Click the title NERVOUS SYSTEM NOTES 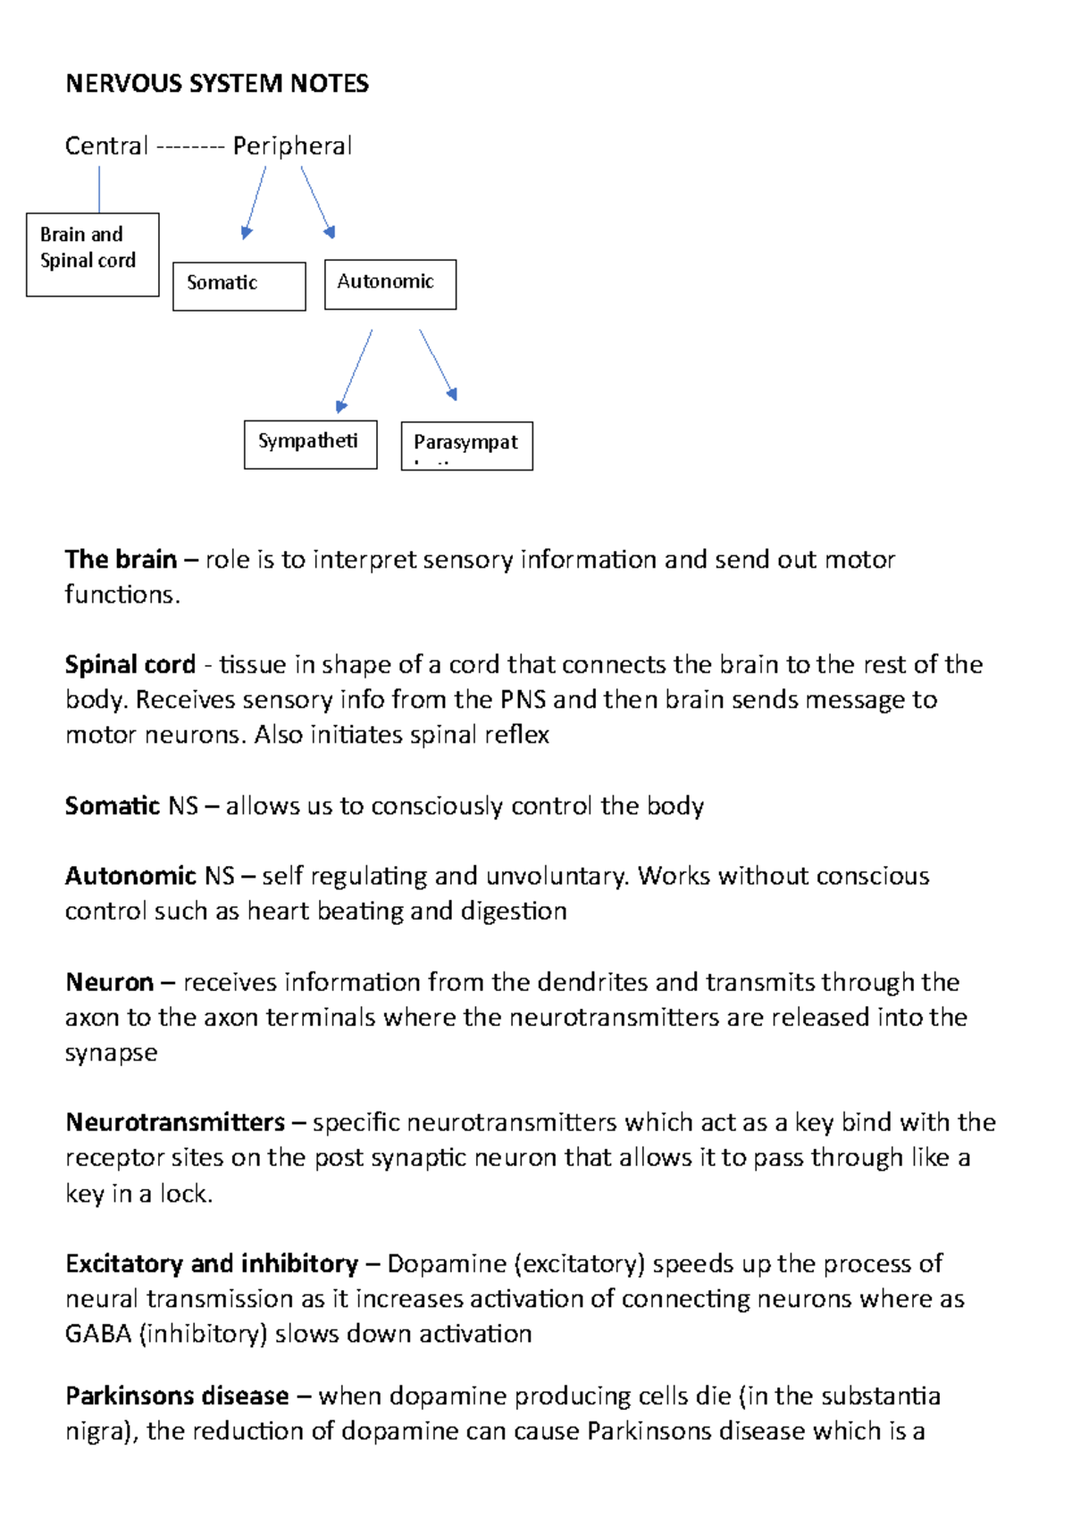[217, 84]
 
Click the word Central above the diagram [106, 146]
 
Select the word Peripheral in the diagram [292, 146]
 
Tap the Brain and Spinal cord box [93, 254]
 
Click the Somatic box [239, 286]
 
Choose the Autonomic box [390, 284]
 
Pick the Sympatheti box [310, 444]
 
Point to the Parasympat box [466, 446]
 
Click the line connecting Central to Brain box [99, 189]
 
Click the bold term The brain [121, 560]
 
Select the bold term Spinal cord [130, 665]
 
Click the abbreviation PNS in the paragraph [523, 700]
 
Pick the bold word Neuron [110, 983]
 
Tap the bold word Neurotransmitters [175, 1122]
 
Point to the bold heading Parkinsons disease [177, 1396]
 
